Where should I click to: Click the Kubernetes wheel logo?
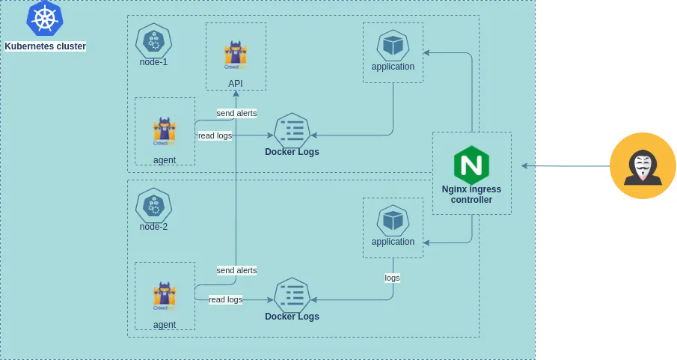(x=45, y=19)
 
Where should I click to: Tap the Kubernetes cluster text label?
(x=45, y=46)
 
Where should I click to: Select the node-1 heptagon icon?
(x=153, y=41)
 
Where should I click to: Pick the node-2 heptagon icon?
(x=153, y=204)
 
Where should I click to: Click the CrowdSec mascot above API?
(x=236, y=55)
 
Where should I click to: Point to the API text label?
(x=236, y=83)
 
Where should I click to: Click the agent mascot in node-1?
(x=165, y=131)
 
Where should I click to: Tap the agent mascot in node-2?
(x=165, y=296)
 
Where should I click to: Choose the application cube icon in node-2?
(x=393, y=221)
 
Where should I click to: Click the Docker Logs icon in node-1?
(x=292, y=131)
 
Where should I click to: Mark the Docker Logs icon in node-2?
(x=292, y=296)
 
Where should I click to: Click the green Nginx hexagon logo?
(x=471, y=165)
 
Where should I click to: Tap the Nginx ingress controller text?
(x=471, y=195)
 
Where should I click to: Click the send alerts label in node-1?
(x=236, y=113)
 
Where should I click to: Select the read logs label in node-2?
(x=225, y=299)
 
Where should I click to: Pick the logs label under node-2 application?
(x=392, y=278)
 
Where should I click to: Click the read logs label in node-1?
(x=215, y=135)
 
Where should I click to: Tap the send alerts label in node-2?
(x=236, y=269)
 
